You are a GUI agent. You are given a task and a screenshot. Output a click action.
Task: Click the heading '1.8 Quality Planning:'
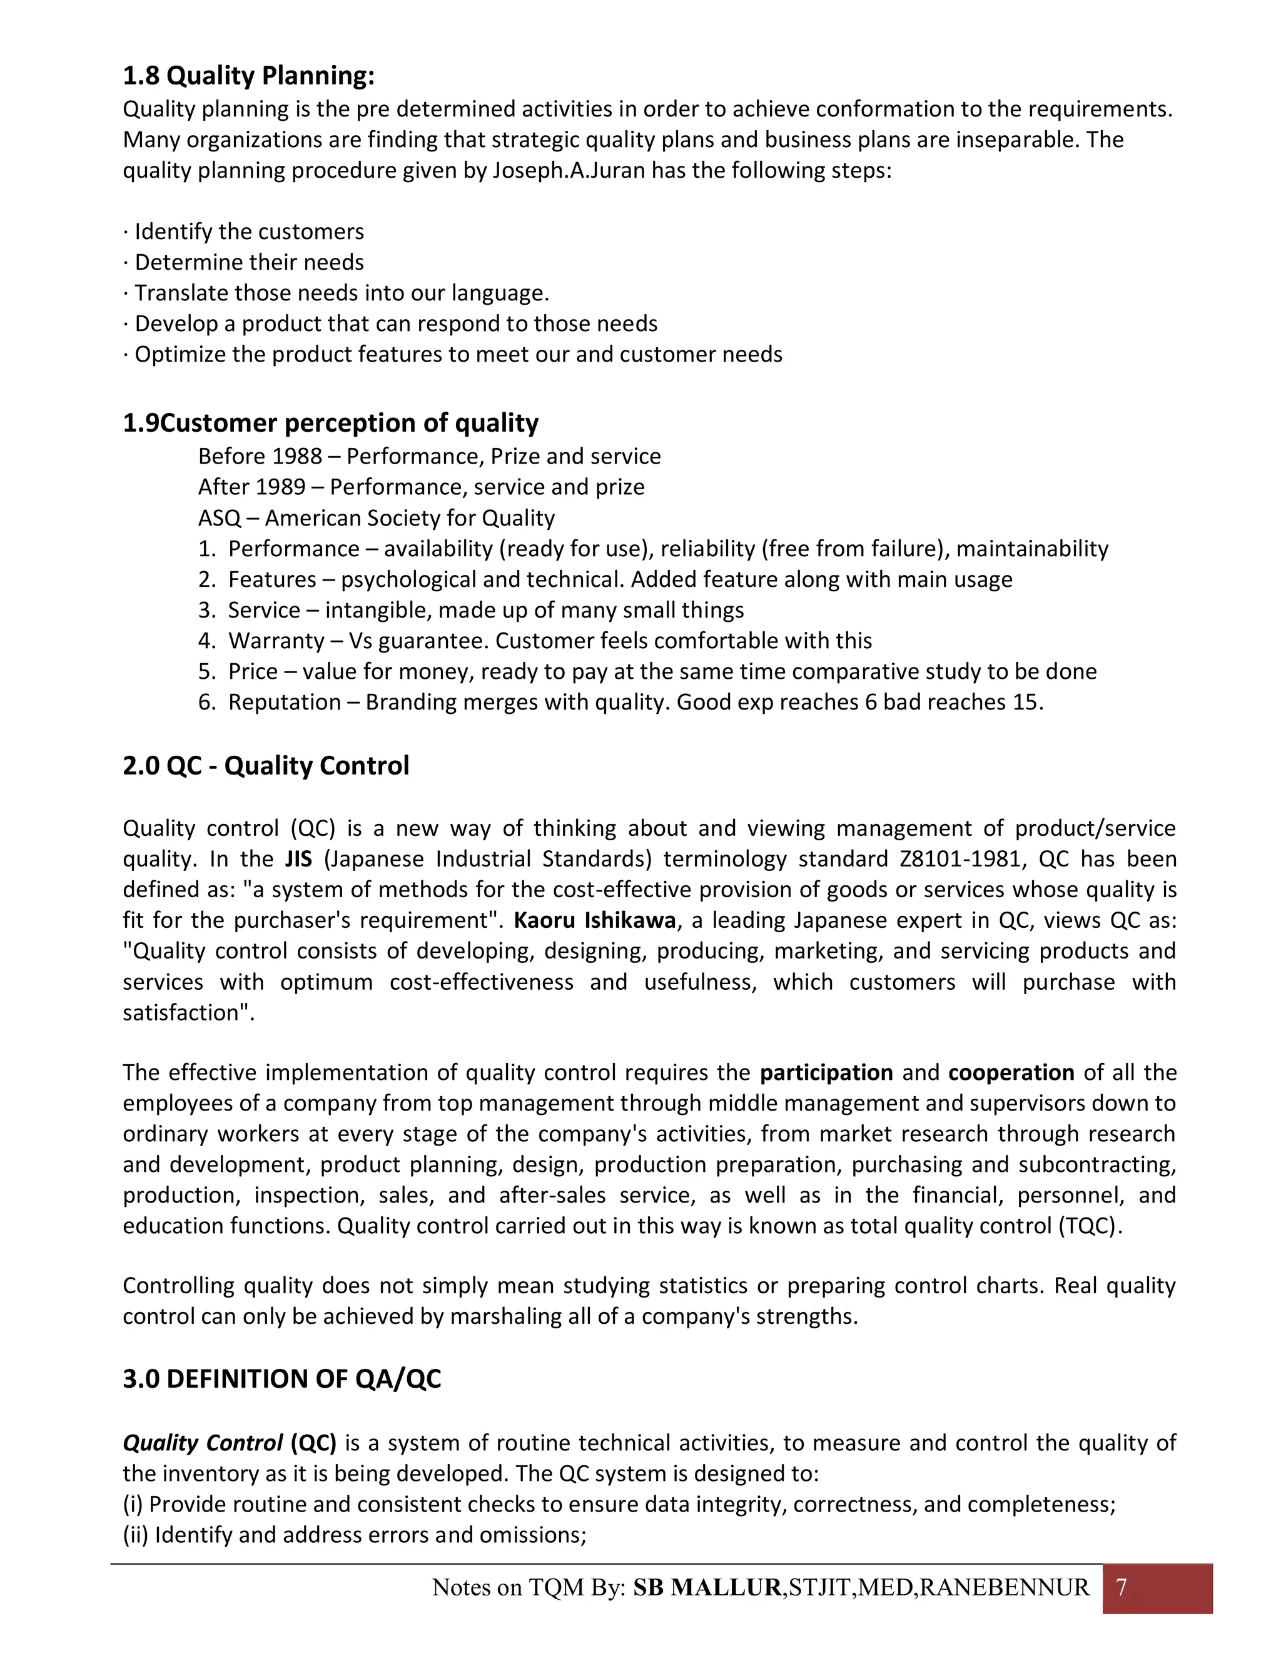[249, 76]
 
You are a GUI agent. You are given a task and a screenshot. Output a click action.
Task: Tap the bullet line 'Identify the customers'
[249, 231]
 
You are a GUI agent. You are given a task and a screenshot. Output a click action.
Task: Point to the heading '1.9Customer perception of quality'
[331, 423]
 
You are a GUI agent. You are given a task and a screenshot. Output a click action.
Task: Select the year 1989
[280, 487]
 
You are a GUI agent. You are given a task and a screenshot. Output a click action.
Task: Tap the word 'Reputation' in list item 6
[285, 702]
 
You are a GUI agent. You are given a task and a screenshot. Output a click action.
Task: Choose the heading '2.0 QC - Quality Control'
[266, 765]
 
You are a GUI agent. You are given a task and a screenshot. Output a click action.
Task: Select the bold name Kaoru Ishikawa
[594, 921]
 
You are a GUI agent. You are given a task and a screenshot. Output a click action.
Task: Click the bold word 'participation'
[826, 1072]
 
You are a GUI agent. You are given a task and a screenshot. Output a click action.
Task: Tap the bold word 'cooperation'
[1011, 1072]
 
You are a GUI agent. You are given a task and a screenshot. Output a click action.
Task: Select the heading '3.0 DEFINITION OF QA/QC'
[281, 1378]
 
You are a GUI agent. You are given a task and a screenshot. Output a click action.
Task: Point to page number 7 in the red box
[1122, 1587]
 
